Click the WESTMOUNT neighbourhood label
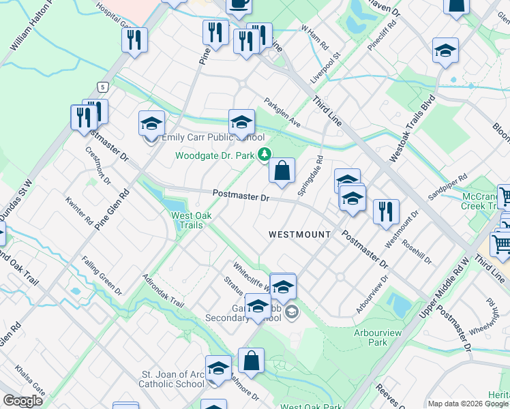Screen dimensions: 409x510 click(299, 234)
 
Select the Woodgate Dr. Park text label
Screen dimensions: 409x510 click(214, 155)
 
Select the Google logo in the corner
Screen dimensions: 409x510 click(22, 401)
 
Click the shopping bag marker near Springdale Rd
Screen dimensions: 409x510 click(282, 170)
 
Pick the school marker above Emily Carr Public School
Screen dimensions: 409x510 click(152, 123)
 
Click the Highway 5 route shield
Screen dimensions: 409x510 click(102, 87)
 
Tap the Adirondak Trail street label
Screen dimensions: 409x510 click(164, 290)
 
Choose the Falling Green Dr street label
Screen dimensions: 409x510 click(102, 275)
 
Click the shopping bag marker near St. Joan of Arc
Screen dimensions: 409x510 click(251, 361)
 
